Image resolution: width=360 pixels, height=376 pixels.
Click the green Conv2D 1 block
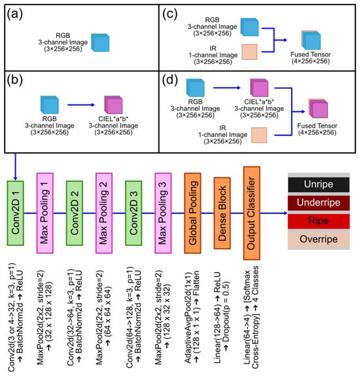coord(15,213)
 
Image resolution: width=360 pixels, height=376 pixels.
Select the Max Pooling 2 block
coord(104,213)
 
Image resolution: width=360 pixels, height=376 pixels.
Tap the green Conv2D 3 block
coord(134,213)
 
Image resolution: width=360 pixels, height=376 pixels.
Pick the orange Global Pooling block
coord(192,213)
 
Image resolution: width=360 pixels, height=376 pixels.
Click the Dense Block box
coord(222,213)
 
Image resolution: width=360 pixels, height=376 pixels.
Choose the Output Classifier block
coord(251,213)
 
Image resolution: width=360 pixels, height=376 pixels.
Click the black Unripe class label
coord(319,184)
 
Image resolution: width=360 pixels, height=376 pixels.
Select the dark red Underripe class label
coord(319,203)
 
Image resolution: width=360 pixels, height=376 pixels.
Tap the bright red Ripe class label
coord(319,221)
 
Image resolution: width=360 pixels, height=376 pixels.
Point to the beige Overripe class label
coord(319,239)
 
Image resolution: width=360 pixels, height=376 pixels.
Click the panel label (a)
coord(15,14)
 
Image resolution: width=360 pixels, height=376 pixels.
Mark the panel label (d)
coord(170,80)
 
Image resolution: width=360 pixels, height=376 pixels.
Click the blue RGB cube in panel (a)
coord(100,43)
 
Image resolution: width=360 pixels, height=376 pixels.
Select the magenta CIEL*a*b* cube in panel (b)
coord(113,105)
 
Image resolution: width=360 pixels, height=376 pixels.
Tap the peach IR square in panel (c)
coord(249,52)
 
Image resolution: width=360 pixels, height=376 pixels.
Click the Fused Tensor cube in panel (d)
coord(318,109)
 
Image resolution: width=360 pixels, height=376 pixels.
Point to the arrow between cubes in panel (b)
coord(81,105)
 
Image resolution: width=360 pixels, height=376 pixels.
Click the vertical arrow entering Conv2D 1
coord(15,167)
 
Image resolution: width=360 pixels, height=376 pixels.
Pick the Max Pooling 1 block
coord(45,213)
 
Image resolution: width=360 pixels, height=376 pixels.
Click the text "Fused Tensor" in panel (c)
coord(310,54)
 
